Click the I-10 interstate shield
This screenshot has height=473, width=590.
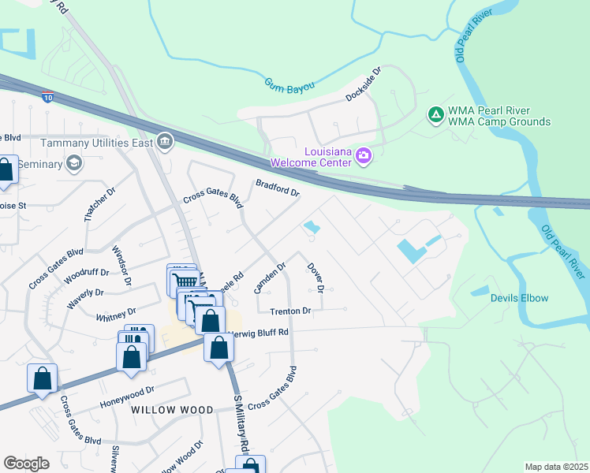48,97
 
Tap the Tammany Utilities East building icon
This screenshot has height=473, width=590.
165,142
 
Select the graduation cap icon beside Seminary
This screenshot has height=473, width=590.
74,162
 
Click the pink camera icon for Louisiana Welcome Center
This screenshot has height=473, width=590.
363,155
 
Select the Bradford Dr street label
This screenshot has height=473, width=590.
277,188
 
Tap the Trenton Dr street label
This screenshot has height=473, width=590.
290,311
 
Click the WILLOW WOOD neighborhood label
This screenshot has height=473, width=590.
172,410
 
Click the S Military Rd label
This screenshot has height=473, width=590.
241,423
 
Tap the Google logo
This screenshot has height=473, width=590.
26,464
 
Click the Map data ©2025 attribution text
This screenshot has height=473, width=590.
555,467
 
